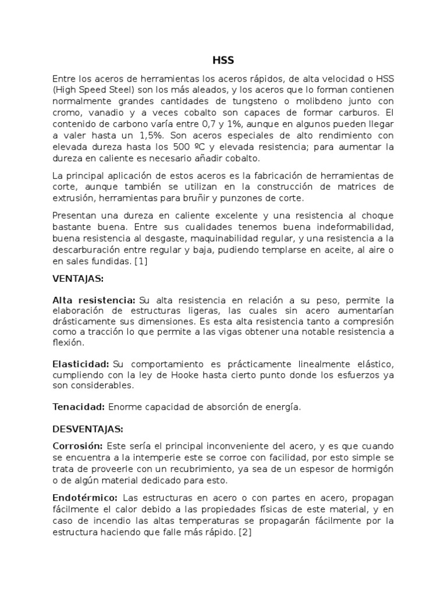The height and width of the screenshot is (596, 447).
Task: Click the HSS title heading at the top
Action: [x=223, y=59]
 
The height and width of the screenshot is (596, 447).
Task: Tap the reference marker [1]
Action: [x=141, y=261]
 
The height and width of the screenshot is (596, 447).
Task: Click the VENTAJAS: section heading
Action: [x=78, y=279]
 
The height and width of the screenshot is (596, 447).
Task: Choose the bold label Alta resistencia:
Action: [x=94, y=300]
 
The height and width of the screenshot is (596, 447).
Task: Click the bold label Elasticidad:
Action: [x=81, y=364]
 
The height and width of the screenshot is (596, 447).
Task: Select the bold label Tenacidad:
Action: [x=79, y=407]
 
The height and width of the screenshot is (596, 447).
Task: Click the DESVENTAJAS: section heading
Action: [x=87, y=429]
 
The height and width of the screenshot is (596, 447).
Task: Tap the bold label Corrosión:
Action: [x=78, y=446]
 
